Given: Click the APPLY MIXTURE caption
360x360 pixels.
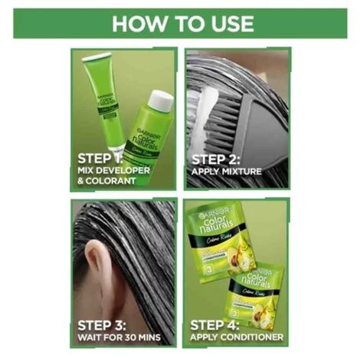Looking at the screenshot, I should click(227, 172).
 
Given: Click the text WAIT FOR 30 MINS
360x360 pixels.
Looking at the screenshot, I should click(119, 336).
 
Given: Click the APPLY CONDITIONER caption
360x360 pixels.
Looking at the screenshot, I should click(237, 336).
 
